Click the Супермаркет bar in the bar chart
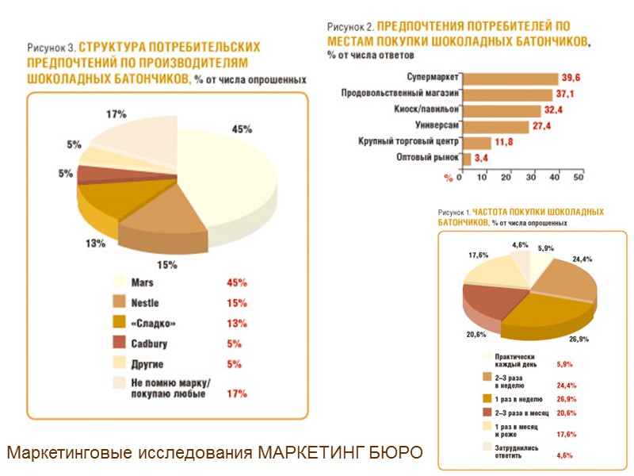[510, 79]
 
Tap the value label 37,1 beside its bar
[565, 94]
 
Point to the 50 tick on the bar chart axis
[579, 176]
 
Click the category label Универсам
[437, 126]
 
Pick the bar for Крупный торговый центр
[475, 143]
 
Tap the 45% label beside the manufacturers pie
[242, 129]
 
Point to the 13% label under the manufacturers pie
[96, 243]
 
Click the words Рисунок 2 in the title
[349, 27]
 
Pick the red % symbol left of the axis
[448, 176]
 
